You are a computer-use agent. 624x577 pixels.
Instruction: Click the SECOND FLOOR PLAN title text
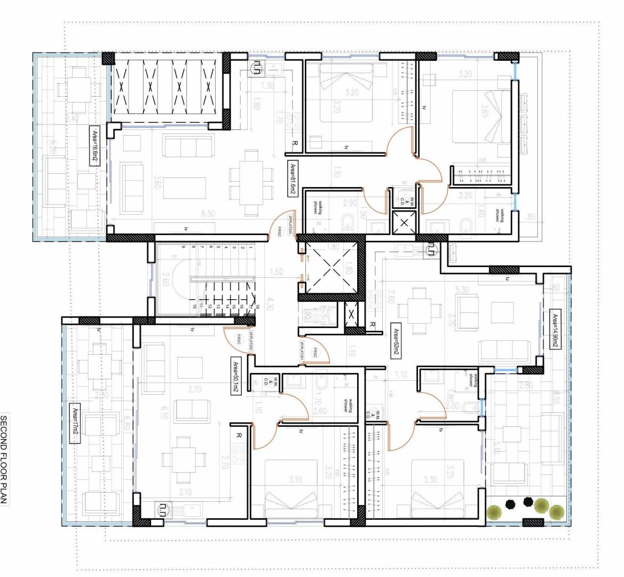5,459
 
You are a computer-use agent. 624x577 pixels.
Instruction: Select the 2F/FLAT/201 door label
302,352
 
